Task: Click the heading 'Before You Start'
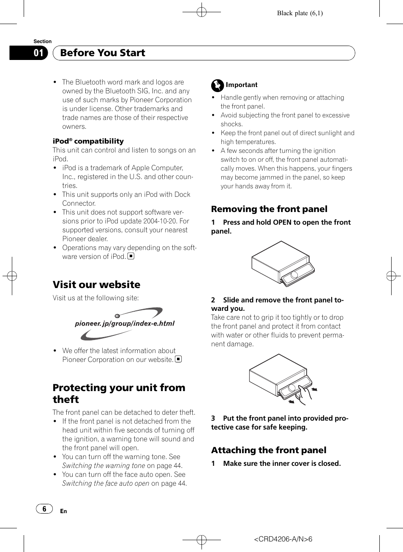[103, 53]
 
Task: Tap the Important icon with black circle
[217, 85]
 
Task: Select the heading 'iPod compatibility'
[88, 141]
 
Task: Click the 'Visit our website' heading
[96, 285]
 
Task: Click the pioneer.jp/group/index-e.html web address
[125, 324]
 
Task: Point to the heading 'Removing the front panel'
[269, 209]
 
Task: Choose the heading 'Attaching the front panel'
[269, 450]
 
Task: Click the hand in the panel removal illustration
[303, 393]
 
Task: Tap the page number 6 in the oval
[44, 509]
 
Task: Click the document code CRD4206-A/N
[283, 539]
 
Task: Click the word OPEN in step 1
[282, 222]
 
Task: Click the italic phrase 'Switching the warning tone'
[103, 465]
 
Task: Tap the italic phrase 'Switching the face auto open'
[106, 483]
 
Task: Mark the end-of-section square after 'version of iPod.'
[131, 256]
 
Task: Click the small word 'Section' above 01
[42, 41]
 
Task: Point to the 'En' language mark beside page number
[63, 511]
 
